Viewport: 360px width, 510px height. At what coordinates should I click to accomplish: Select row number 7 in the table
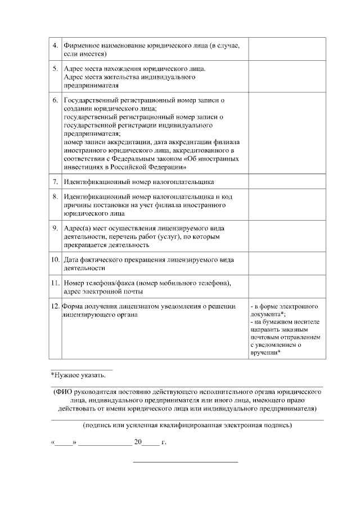coord(55,182)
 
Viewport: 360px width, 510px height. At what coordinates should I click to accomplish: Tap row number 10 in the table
coord(55,260)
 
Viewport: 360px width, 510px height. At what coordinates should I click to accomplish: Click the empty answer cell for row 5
coord(287,77)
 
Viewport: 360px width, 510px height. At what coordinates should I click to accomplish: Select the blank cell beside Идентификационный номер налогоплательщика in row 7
coord(287,182)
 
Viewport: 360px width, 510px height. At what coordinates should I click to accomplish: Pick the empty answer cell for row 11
coord(287,287)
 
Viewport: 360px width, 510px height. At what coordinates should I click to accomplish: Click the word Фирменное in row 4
coord(81,44)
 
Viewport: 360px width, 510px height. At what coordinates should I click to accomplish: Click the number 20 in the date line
coord(138,442)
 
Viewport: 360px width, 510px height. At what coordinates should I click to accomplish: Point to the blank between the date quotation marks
coord(64,442)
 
